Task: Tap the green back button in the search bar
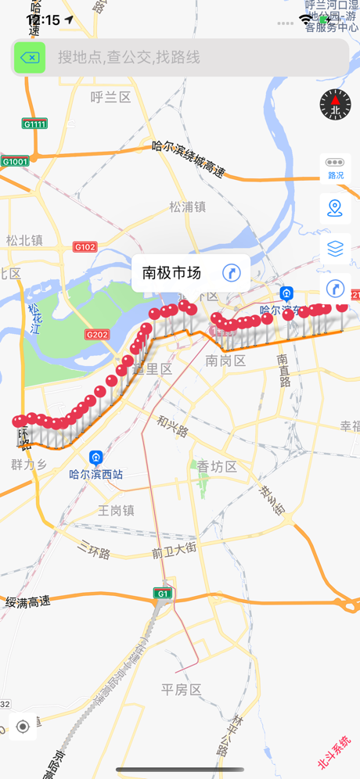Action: (x=30, y=58)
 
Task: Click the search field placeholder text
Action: (x=128, y=58)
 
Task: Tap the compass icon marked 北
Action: (x=335, y=104)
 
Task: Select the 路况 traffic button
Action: (x=335, y=167)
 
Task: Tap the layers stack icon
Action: (x=335, y=249)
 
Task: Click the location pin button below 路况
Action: (x=335, y=208)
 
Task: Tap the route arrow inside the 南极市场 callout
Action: (x=231, y=272)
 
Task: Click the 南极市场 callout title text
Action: (x=171, y=272)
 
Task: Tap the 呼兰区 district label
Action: (x=110, y=97)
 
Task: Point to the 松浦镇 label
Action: (x=187, y=206)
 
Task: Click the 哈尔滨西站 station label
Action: (x=96, y=474)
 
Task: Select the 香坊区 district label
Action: (x=217, y=466)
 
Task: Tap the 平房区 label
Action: (x=182, y=689)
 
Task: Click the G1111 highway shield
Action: (x=34, y=124)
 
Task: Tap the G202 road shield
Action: (x=97, y=335)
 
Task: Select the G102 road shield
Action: (x=85, y=247)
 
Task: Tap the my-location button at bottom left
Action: (x=23, y=727)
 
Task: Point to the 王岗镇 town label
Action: (x=117, y=510)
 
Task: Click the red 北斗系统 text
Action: (x=334, y=753)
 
